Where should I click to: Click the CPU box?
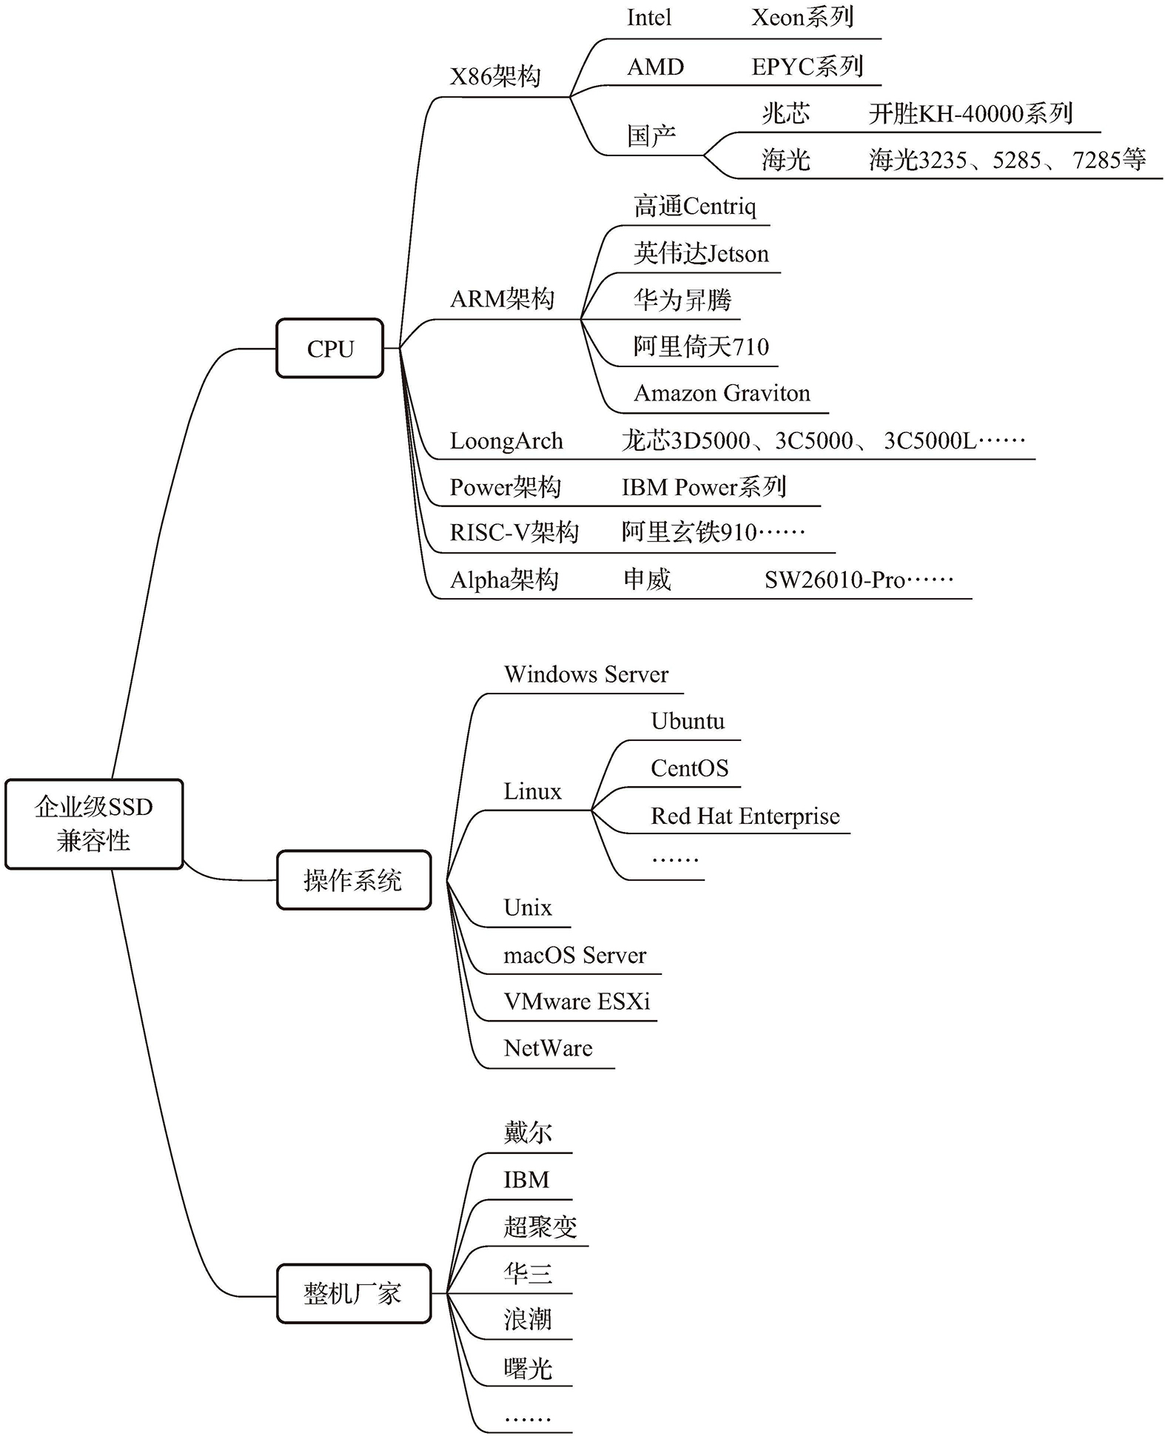(330, 349)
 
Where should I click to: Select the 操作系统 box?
(353, 880)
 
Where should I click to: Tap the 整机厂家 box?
(353, 1293)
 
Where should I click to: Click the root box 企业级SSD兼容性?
(94, 824)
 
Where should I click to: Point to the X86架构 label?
(495, 76)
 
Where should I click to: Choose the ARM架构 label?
(502, 299)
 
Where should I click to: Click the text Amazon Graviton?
(722, 393)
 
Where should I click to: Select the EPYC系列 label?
(807, 67)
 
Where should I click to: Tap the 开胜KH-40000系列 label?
(970, 114)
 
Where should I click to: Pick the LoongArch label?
(506, 441)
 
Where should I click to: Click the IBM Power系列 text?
(703, 487)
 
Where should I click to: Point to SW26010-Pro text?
(859, 580)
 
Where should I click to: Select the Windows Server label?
(585, 674)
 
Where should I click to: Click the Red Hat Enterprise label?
(745, 816)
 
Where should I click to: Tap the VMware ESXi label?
(577, 1001)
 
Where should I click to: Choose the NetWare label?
(548, 1048)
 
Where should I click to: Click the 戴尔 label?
(528, 1133)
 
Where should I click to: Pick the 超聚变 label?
(540, 1227)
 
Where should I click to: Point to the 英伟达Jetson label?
(701, 254)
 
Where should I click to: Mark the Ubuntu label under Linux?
(688, 721)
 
